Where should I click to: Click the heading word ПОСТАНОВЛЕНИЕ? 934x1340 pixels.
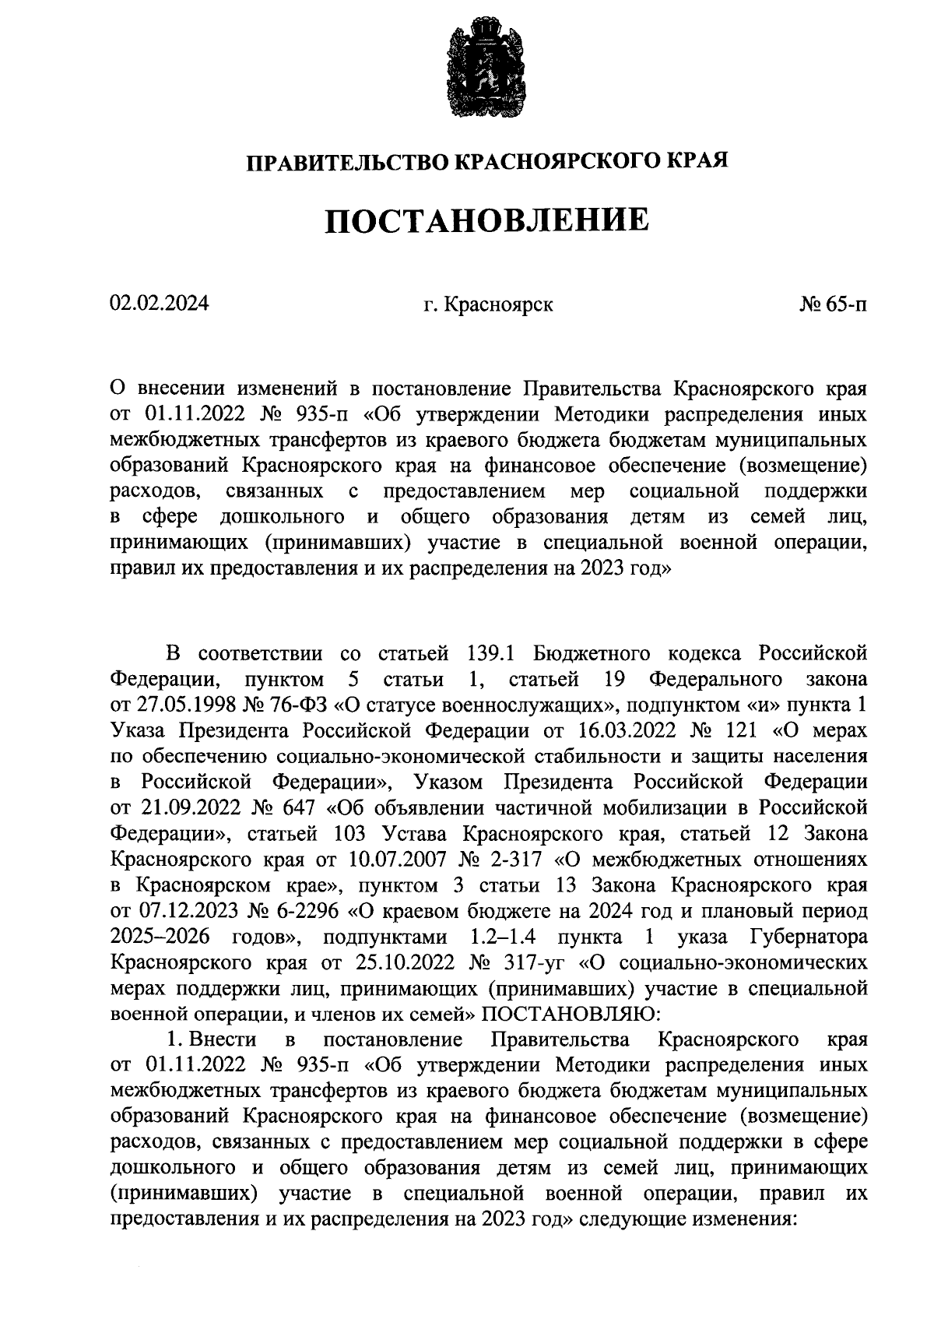pyautogui.click(x=486, y=220)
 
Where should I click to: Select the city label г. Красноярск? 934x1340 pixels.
pyautogui.click(x=488, y=304)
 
